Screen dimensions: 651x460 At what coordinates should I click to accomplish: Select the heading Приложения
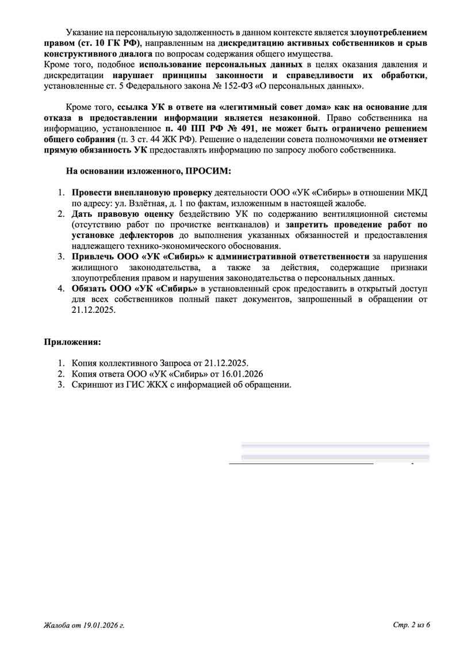point(72,342)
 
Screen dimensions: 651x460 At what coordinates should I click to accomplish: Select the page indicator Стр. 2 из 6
point(411,625)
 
